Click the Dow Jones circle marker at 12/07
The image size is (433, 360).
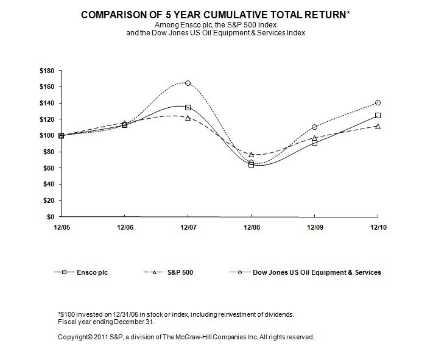[188, 83]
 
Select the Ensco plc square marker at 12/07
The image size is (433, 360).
[188, 107]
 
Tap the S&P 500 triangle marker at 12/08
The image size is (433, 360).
[251, 155]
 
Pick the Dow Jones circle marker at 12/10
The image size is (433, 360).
[378, 102]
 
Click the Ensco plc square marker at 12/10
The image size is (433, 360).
[378, 115]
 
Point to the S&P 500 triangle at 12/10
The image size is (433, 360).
[378, 126]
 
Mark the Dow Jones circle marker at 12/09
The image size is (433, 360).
[314, 127]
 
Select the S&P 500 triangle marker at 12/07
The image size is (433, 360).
[188, 118]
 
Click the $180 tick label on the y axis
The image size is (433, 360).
[46, 71]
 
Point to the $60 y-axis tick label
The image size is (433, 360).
[48, 168]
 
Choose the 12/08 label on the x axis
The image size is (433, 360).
[251, 227]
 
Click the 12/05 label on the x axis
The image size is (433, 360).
[61, 227]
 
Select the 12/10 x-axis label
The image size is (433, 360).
[378, 227]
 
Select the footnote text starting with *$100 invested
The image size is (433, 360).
[175, 314]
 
